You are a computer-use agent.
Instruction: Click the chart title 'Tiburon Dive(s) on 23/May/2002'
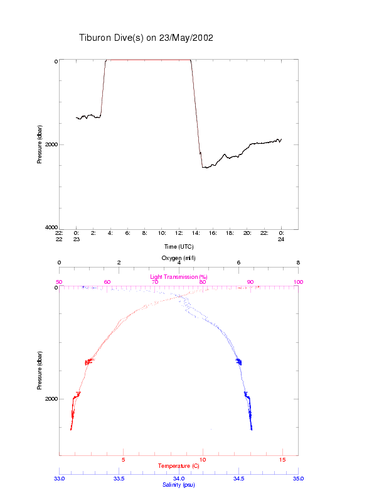point(146,38)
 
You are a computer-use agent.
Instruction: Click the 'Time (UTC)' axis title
point(179,247)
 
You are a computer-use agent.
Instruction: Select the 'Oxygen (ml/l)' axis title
point(179,258)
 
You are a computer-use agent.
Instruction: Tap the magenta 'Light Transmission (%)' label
point(178,276)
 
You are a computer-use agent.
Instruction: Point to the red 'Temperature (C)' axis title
point(178,466)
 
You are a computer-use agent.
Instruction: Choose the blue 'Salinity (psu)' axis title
point(178,484)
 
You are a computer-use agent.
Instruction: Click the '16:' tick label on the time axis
point(213,232)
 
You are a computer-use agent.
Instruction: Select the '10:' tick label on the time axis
point(162,232)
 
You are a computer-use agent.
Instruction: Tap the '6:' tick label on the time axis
point(128,232)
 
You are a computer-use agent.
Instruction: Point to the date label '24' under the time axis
point(282,239)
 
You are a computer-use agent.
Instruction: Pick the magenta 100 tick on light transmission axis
point(298,282)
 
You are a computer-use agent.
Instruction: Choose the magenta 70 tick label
point(155,282)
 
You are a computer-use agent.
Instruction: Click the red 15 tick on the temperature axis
point(282,460)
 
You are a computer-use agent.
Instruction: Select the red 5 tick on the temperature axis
point(124,460)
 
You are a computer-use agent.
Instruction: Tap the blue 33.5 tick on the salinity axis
point(119,478)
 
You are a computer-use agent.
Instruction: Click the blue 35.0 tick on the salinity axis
point(298,478)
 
